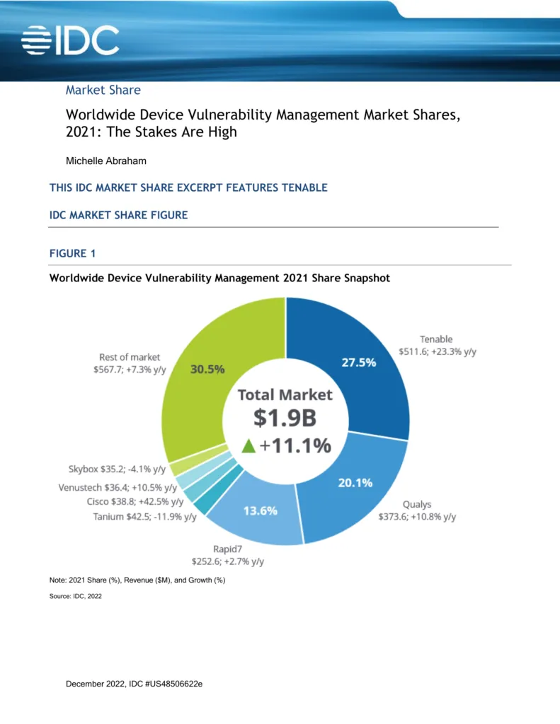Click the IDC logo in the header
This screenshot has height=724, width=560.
pos(70,40)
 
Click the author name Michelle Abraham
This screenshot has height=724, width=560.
pos(106,160)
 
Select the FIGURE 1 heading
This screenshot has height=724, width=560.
pos(72,254)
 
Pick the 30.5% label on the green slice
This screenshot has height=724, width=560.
pos(208,369)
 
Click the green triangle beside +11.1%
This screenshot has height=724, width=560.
pos(247,446)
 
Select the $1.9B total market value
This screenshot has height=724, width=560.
pos(285,419)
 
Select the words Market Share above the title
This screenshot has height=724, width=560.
pos(103,90)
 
